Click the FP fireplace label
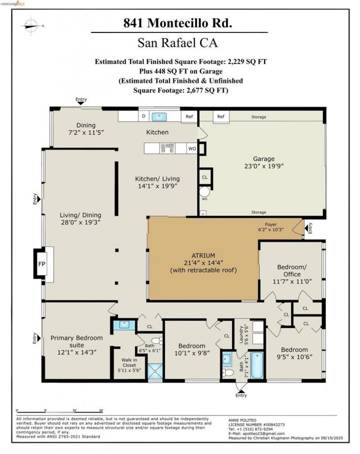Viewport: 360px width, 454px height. [x=42, y=264]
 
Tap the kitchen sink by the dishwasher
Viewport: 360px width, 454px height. [x=159, y=117]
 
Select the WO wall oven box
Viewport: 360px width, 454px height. [x=192, y=148]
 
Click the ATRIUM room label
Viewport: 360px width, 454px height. [x=203, y=256]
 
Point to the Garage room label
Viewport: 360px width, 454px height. [x=264, y=159]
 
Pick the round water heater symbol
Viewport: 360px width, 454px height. [x=204, y=192]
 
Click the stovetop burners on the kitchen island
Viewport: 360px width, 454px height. [x=167, y=148]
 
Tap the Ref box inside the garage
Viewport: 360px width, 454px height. [x=221, y=117]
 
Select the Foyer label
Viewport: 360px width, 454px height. [x=271, y=224]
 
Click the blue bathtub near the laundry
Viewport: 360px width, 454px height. [x=257, y=365]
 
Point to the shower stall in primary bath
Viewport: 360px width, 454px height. [x=155, y=371]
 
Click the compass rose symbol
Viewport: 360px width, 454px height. [x=31, y=26]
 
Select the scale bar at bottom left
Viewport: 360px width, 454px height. [x=59, y=412]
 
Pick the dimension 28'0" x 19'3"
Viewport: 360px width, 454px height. [x=81, y=223]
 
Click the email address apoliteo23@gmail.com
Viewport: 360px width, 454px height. [x=264, y=433]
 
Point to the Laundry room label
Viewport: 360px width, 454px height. [x=241, y=335]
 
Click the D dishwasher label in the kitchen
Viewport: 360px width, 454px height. [x=144, y=116]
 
